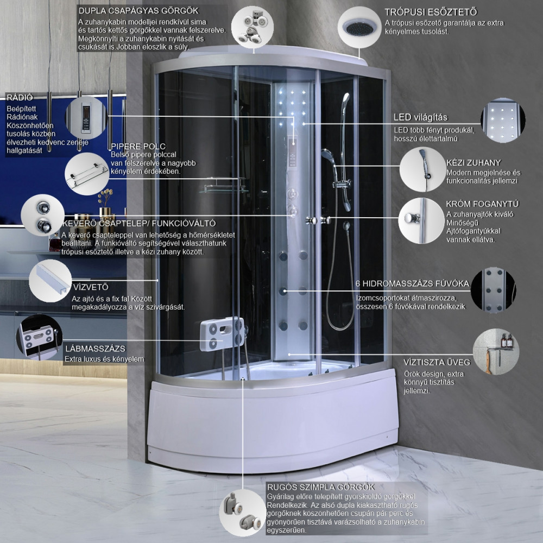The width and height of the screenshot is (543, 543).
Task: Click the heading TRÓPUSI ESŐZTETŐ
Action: [431, 12]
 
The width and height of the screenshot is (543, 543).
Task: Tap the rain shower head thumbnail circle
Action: [359, 27]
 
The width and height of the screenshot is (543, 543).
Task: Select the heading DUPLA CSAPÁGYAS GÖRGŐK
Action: [138, 11]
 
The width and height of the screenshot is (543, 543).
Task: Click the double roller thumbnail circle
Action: [252, 27]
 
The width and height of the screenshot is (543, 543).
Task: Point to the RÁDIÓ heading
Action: [20, 97]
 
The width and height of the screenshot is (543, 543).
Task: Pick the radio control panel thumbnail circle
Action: [86, 118]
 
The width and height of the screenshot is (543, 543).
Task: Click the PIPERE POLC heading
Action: [138, 146]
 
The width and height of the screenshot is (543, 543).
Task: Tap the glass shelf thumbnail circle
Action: [87, 174]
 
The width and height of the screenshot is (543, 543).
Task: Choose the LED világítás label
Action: [420, 117]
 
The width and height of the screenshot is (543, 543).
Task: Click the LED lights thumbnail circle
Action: [503, 121]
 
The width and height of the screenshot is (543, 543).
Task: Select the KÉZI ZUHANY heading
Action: [473, 163]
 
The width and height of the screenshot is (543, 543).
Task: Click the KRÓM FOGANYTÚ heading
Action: [482, 204]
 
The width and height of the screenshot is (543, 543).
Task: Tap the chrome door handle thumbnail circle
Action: [421, 220]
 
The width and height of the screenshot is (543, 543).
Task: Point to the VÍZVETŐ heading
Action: [91, 287]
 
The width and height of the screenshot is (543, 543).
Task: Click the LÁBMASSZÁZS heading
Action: [96, 349]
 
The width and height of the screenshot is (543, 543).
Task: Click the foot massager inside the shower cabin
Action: [222, 334]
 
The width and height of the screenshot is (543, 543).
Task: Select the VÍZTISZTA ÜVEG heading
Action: [437, 362]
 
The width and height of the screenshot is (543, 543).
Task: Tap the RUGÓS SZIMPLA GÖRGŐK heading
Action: [321, 487]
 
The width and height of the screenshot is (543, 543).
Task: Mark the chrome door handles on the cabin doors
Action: [318, 220]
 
